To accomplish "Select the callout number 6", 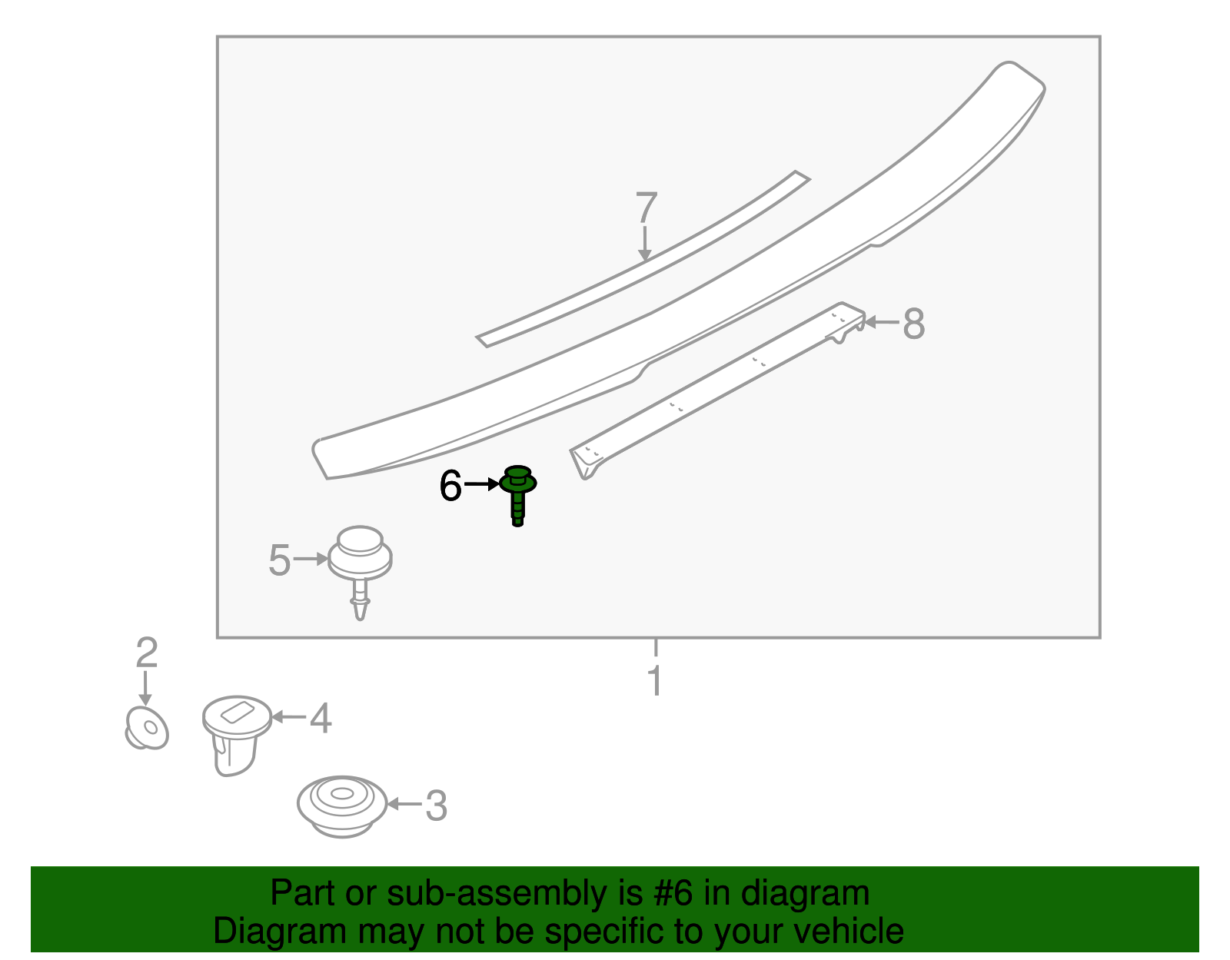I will [x=450, y=486].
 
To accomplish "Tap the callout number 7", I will [x=647, y=208].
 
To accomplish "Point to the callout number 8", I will [x=913, y=324].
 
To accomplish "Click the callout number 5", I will [x=280, y=560].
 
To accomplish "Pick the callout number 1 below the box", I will [x=655, y=681].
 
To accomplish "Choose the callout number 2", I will [x=146, y=653].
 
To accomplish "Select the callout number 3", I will [x=436, y=806].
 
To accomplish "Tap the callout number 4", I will [x=321, y=719].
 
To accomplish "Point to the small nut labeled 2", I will [x=146, y=728].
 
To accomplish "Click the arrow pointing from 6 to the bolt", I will [x=482, y=484].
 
